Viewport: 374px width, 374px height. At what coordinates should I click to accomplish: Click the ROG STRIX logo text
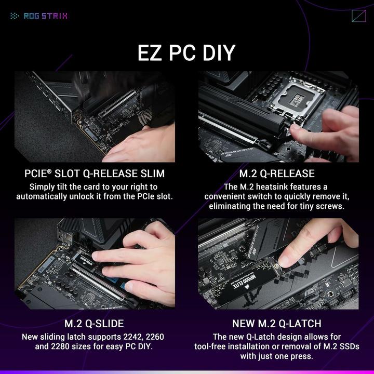coord(46,16)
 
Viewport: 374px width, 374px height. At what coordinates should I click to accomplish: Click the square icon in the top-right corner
coord(358,16)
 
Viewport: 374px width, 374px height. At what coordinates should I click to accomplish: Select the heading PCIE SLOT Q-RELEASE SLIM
coord(95,173)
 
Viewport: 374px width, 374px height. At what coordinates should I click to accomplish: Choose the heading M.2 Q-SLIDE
coord(94,324)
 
